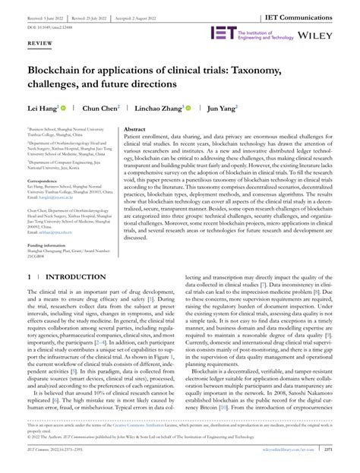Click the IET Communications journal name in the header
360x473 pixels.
pos(311,14)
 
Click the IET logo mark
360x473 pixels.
pos(223,34)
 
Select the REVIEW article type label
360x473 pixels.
pos(40,45)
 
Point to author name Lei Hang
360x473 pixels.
pos(43,109)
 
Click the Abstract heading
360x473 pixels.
pos(134,131)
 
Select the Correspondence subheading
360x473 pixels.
pos(46,181)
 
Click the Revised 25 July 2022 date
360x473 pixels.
pos(103,14)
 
